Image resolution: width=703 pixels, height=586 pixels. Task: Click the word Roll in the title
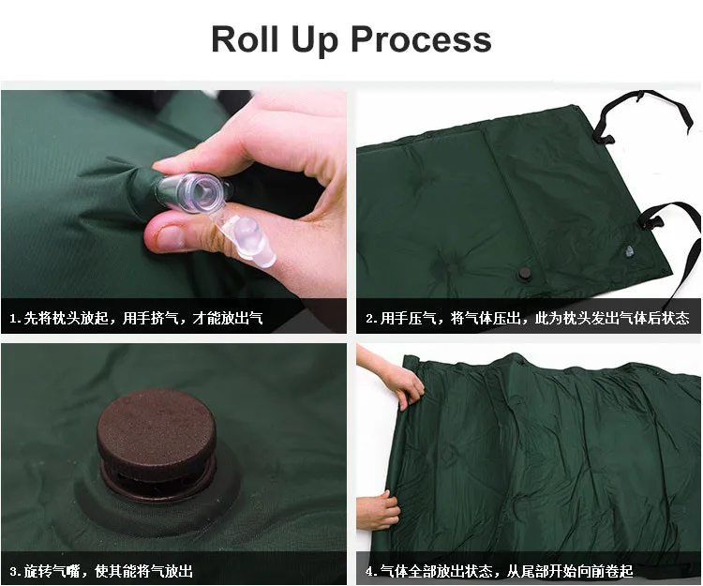[x=245, y=39]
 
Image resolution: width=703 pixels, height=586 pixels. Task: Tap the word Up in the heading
[x=315, y=40]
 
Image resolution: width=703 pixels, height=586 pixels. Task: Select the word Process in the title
[x=421, y=39]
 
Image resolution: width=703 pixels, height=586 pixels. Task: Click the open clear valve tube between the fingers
[x=194, y=193]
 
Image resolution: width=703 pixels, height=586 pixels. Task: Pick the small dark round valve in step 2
[x=524, y=274]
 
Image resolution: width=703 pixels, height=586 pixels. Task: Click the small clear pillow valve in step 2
[x=629, y=251]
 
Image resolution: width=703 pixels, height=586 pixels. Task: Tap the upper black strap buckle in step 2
[x=603, y=138]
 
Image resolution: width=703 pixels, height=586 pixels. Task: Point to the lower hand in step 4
[x=378, y=510]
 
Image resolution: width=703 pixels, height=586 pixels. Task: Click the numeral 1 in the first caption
[x=13, y=319]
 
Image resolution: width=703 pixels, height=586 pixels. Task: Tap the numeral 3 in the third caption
[x=13, y=572]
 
